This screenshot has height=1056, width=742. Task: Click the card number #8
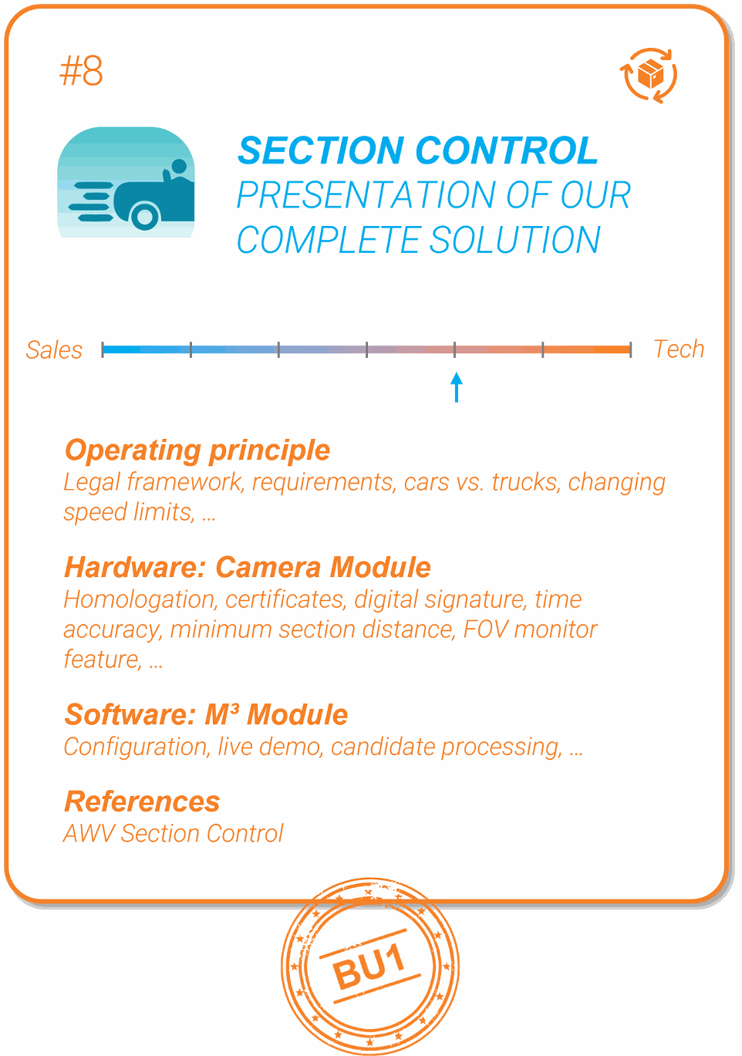pos(81,71)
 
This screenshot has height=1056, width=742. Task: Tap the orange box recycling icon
pos(649,76)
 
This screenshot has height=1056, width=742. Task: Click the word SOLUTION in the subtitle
pos(515,240)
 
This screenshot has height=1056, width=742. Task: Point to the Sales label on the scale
pos(54,350)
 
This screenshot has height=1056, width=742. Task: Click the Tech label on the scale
pos(679,349)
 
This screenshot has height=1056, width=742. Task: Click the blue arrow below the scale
pos(457,387)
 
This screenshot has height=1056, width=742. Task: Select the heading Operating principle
pos(197,451)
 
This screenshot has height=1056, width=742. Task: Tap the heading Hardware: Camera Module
pos(248,567)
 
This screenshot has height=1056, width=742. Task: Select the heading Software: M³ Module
pos(206,715)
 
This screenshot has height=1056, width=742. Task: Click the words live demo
pos(270,747)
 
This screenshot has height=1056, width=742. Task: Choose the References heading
pos(142,801)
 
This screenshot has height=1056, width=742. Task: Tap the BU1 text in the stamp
pos(369,966)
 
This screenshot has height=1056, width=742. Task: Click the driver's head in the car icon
pos(179,167)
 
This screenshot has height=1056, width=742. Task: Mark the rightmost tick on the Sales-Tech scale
pos(630,349)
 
